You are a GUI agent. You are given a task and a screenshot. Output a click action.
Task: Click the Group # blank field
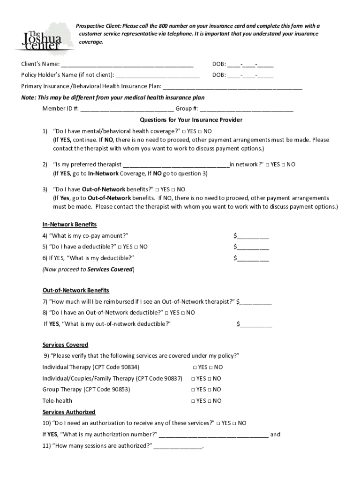tap(247, 110)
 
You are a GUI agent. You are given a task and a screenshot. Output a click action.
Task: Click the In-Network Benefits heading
tap(69, 225)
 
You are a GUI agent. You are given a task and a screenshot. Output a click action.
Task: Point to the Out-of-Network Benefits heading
tap(75, 290)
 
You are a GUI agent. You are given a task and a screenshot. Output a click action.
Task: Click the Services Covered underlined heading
tap(65, 345)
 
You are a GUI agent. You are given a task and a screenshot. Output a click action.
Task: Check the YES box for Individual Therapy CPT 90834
tap(194, 367)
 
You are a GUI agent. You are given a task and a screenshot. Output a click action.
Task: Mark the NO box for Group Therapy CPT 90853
tap(210, 390)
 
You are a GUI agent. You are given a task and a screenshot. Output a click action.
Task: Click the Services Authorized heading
tap(69, 412)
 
